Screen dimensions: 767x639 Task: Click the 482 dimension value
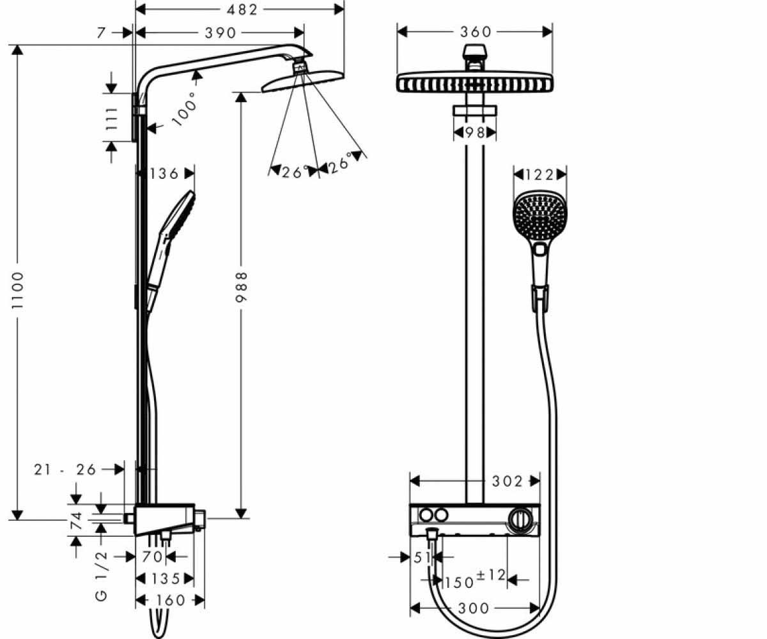(x=242, y=10)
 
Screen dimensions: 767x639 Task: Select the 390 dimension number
(x=220, y=33)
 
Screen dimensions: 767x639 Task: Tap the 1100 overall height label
(x=17, y=291)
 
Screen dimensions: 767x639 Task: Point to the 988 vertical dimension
(x=242, y=287)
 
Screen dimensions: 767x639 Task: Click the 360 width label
(x=476, y=32)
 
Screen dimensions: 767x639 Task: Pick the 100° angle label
(x=185, y=109)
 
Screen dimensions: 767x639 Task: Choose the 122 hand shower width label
(x=539, y=175)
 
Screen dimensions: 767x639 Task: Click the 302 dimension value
(x=507, y=481)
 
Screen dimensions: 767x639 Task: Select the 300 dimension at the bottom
(x=474, y=608)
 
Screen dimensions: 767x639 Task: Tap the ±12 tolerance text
(x=491, y=574)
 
